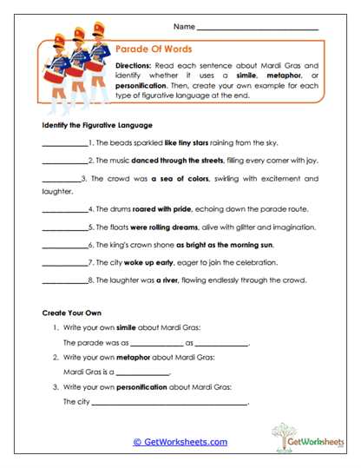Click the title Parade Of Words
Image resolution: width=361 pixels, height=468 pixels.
pyautogui.click(x=154, y=49)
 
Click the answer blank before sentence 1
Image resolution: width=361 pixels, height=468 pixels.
pyautogui.click(x=64, y=143)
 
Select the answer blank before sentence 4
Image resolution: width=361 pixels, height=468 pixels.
pyautogui.click(x=64, y=209)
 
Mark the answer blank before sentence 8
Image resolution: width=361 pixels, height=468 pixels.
pyautogui.click(x=64, y=280)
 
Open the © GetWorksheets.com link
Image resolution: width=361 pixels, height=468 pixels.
pyautogui.click(x=180, y=442)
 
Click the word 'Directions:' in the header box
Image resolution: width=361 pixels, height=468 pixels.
pyautogui.click(x=136, y=66)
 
